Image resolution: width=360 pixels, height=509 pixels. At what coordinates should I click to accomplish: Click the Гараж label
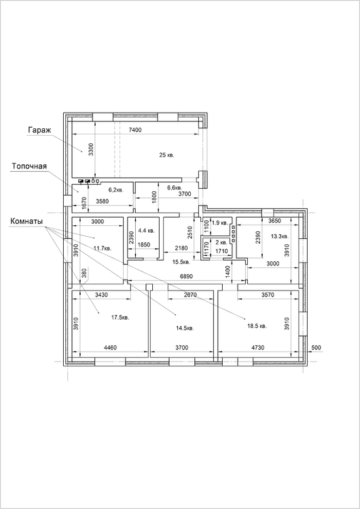[x=37, y=130]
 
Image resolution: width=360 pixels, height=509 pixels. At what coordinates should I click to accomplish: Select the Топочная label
[x=29, y=166]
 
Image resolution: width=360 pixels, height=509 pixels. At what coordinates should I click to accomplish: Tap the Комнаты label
[x=26, y=222]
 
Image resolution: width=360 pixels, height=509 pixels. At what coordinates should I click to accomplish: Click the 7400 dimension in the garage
[x=135, y=130]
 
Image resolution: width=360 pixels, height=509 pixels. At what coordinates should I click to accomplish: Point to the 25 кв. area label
[x=166, y=155]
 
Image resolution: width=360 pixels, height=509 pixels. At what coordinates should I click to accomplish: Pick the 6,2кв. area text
[x=116, y=191]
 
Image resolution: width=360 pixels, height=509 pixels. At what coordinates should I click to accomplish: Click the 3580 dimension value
[x=103, y=202]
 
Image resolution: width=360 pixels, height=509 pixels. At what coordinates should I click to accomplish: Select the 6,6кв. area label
[x=175, y=187]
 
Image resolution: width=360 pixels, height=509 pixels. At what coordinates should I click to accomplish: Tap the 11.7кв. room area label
[x=103, y=248]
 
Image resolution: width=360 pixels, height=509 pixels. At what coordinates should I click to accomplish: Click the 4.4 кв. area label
[x=147, y=231]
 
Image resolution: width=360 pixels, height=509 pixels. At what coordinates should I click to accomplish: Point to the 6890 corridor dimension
[x=187, y=277]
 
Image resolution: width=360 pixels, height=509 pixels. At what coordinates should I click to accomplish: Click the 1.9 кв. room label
[x=219, y=223]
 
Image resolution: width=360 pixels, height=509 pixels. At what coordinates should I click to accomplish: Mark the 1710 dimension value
[x=221, y=250]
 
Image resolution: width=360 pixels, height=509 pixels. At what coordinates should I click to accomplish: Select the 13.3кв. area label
[x=279, y=236]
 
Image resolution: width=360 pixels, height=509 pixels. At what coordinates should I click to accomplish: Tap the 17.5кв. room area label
[x=120, y=318]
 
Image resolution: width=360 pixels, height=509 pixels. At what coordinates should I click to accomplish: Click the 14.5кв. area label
[x=185, y=328]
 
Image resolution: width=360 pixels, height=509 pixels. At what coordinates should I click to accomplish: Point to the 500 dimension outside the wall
[x=316, y=347]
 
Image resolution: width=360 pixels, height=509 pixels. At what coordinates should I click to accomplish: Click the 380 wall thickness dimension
[x=84, y=274]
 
